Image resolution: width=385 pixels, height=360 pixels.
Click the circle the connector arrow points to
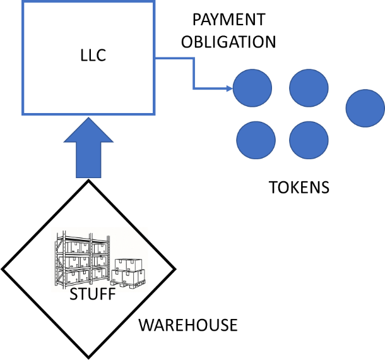[252, 88]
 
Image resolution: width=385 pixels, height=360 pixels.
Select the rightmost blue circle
[365, 108]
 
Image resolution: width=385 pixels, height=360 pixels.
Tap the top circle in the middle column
[309, 88]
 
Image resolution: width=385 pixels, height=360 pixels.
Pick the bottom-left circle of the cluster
[256, 140]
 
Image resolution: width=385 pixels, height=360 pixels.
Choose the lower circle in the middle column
[309, 140]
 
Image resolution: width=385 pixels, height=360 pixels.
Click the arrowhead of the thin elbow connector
[230, 88]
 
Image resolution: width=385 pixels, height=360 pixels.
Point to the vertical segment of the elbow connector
[193, 73]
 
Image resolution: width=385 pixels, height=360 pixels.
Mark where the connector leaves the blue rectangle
[155, 58]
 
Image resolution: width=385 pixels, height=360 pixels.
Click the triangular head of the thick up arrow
[88, 131]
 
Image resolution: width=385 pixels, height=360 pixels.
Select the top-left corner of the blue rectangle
[23, 3]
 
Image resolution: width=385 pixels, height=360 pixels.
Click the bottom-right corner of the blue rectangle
[154, 114]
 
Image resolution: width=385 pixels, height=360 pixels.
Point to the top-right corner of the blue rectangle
[154, 3]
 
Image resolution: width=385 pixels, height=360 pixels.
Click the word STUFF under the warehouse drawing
[93, 291]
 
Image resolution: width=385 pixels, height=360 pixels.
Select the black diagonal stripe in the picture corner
[140, 234]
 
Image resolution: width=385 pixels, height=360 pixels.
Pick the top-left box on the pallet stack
[122, 265]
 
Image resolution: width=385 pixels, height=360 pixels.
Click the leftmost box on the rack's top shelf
[73, 247]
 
